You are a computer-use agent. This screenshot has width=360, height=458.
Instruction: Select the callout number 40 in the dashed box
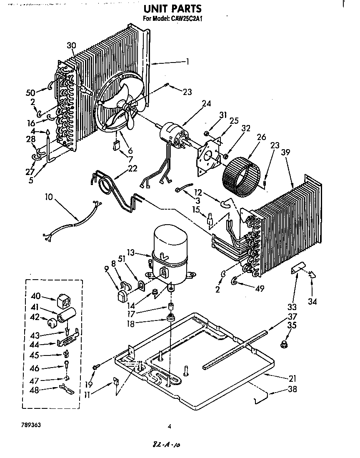pyautogui.click(x=35, y=296)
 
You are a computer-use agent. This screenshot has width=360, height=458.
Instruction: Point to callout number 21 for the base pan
pyautogui.click(x=292, y=378)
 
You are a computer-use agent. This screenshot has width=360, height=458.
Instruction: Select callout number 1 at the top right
pyautogui.click(x=187, y=62)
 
